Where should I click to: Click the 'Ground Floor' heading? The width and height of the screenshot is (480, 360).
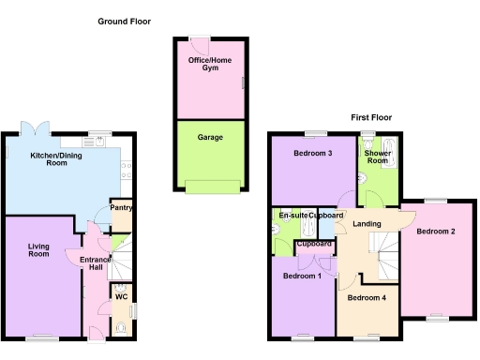pyautogui.click(x=124, y=21)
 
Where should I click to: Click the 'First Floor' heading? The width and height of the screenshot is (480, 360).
pyautogui.click(x=371, y=117)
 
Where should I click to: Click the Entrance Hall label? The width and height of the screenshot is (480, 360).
pyautogui.click(x=96, y=263)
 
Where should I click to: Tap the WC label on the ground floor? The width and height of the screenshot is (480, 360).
pyautogui.click(x=121, y=297)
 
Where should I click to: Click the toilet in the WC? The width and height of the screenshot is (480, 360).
pyautogui.click(x=121, y=328)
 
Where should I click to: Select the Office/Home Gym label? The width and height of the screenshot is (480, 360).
pyautogui.click(x=210, y=66)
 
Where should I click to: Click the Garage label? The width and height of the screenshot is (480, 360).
pyautogui.click(x=210, y=137)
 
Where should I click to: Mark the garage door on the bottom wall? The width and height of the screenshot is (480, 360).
pyautogui.click(x=210, y=186)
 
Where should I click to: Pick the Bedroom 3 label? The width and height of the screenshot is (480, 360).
pyautogui.click(x=312, y=153)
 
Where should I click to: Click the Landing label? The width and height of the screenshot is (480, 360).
pyautogui.click(x=367, y=223)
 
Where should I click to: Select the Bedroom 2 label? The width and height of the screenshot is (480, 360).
pyautogui.click(x=436, y=231)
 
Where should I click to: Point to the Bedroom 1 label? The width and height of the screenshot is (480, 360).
pyautogui.click(x=303, y=277)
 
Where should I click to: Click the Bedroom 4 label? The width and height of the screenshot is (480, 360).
pyautogui.click(x=367, y=298)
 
